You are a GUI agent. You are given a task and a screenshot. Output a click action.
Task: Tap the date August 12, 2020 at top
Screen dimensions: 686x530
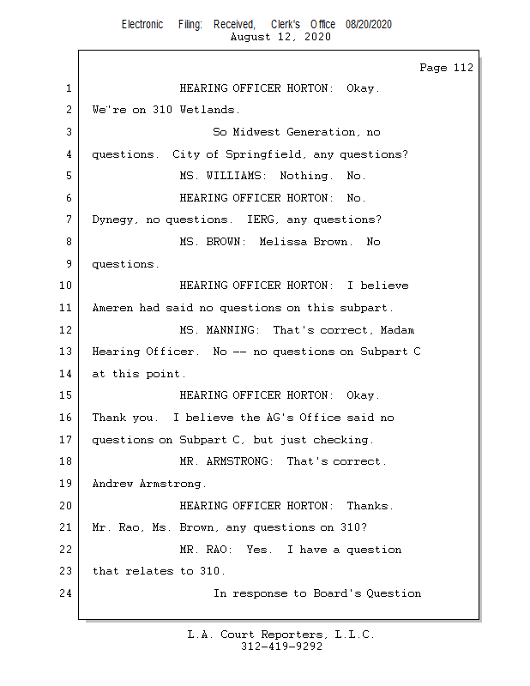[280, 37]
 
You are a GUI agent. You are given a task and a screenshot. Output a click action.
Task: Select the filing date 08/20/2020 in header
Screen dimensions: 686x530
[369, 24]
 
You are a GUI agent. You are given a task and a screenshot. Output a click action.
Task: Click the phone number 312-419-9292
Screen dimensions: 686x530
[281, 647]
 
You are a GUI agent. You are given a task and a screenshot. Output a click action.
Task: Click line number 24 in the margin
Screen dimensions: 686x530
[67, 593]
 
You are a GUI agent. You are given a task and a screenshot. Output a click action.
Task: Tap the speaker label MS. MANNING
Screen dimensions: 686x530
[220, 330]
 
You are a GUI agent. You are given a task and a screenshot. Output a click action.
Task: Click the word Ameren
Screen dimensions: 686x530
[112, 308]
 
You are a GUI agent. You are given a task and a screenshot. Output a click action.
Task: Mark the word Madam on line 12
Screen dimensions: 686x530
[398, 330]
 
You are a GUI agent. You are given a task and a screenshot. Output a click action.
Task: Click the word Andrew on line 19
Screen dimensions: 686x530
[112, 484]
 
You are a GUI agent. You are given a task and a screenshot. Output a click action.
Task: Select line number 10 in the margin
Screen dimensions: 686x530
[67, 286]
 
